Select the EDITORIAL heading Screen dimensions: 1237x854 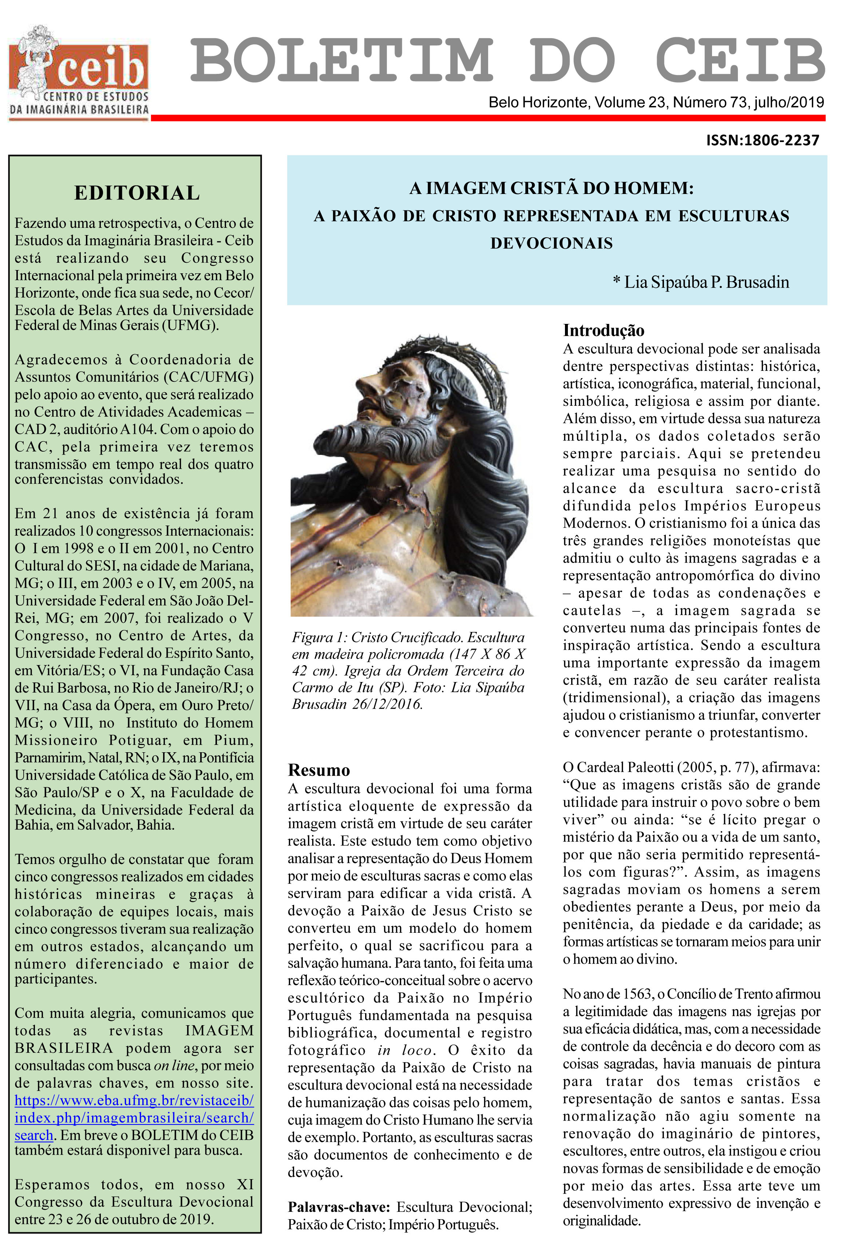[137, 193]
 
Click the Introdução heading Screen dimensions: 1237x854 [603, 330]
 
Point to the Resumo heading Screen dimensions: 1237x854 [319, 770]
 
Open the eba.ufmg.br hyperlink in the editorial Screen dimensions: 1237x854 [134, 1100]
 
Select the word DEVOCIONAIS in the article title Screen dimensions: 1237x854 [551, 243]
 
